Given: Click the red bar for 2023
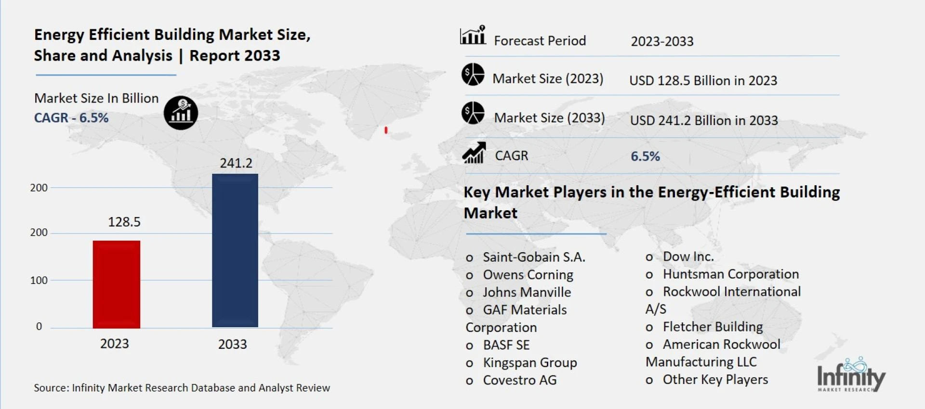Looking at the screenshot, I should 117,284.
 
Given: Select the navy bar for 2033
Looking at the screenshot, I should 235,250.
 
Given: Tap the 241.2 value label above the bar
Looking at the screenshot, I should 236,163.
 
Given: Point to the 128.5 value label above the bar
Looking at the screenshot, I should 124,222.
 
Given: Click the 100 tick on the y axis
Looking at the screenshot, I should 39,281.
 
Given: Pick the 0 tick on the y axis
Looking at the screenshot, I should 39,326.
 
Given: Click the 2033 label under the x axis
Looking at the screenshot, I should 232,344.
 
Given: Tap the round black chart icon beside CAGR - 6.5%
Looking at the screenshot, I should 181,113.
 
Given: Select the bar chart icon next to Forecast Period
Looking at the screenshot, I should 473,35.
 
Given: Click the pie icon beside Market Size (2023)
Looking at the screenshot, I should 473,75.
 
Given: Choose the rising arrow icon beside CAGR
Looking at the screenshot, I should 474,153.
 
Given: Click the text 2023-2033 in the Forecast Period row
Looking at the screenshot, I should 662,41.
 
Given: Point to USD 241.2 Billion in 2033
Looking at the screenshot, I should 704,120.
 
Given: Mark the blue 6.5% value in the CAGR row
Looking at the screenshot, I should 645,156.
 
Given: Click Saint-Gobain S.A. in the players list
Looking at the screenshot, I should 534,257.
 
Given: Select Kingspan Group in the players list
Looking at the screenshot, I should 530,363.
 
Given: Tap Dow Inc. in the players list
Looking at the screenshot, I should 688,257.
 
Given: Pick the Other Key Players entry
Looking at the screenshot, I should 715,380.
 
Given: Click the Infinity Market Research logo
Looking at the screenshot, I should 851,375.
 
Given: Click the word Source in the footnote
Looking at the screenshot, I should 51,388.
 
